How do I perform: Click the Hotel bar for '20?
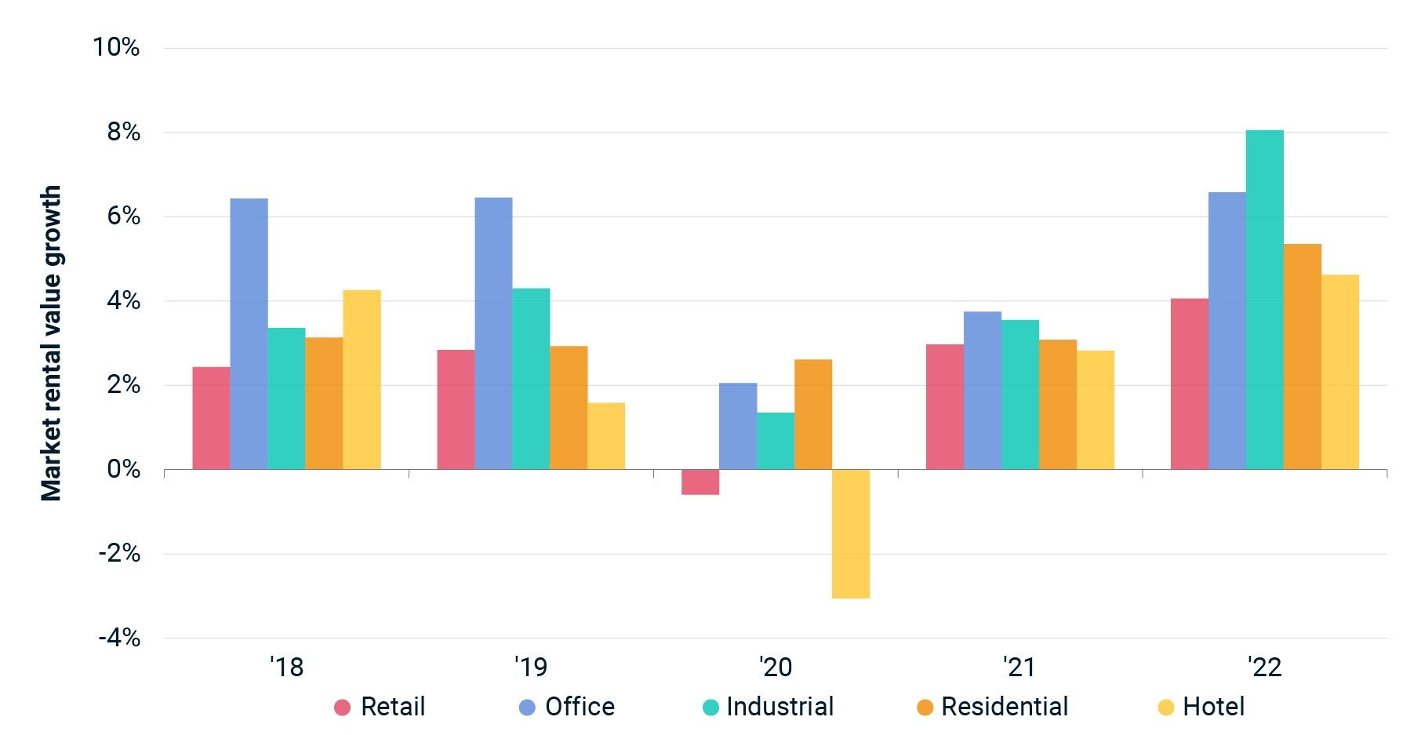click(x=850, y=533)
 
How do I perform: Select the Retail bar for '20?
click(x=700, y=482)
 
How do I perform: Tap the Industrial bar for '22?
click(x=1264, y=300)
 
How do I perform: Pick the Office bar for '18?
click(x=249, y=333)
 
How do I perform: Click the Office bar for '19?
click(x=493, y=333)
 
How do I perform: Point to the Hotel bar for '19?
click(x=606, y=436)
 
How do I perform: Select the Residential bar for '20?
click(x=812, y=414)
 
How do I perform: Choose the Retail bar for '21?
click(x=944, y=406)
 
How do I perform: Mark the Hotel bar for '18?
click(x=362, y=380)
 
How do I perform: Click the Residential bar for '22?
click(x=1302, y=357)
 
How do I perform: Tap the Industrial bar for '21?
click(x=1019, y=395)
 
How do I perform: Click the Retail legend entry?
click(x=380, y=707)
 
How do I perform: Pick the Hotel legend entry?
click(x=1201, y=707)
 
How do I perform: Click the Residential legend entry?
click(x=993, y=707)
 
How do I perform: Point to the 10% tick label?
click(x=116, y=47)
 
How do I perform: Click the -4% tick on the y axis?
click(x=119, y=638)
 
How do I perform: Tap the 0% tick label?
click(x=123, y=469)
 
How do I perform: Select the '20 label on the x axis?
click(x=776, y=668)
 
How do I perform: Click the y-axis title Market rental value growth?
click(x=51, y=343)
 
